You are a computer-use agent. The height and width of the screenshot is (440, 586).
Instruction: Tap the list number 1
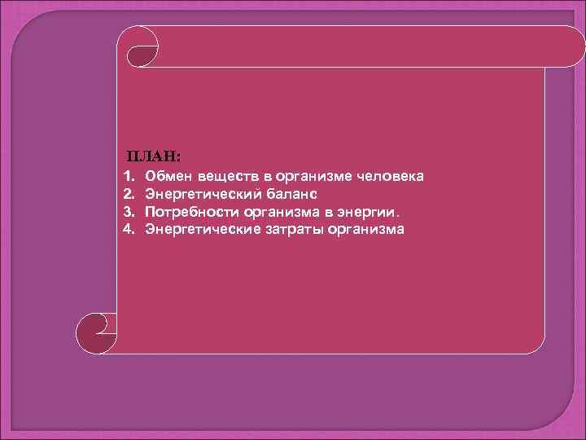127,177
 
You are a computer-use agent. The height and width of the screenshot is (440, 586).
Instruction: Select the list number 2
127,195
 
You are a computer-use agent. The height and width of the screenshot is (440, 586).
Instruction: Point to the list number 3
127,212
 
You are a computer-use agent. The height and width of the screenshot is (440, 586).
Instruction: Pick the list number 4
127,229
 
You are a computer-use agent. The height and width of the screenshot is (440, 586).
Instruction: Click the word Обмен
168,177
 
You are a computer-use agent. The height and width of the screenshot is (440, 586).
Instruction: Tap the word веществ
227,177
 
